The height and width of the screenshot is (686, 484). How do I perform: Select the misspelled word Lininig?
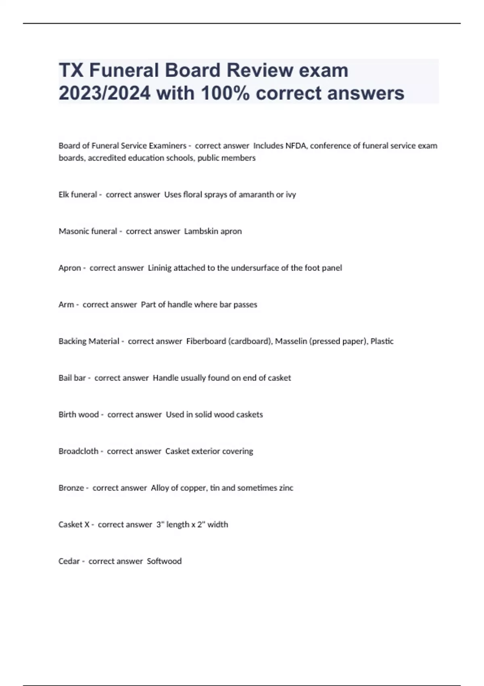[x=160, y=268]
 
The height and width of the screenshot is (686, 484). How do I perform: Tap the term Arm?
[x=66, y=305]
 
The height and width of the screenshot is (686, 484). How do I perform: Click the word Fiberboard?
[x=206, y=341]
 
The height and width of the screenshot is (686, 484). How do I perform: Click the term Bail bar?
[x=72, y=378]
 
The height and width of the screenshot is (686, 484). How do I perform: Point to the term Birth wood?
[x=79, y=414]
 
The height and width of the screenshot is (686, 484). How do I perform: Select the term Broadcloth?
[x=78, y=451]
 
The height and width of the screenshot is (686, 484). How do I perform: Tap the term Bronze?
[x=71, y=488]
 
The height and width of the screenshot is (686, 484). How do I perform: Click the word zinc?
[x=286, y=488]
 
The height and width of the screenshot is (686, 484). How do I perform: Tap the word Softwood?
[x=164, y=561]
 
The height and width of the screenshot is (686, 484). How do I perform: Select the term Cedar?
[x=69, y=561]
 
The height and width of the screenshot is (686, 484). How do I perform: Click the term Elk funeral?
[x=78, y=195]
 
